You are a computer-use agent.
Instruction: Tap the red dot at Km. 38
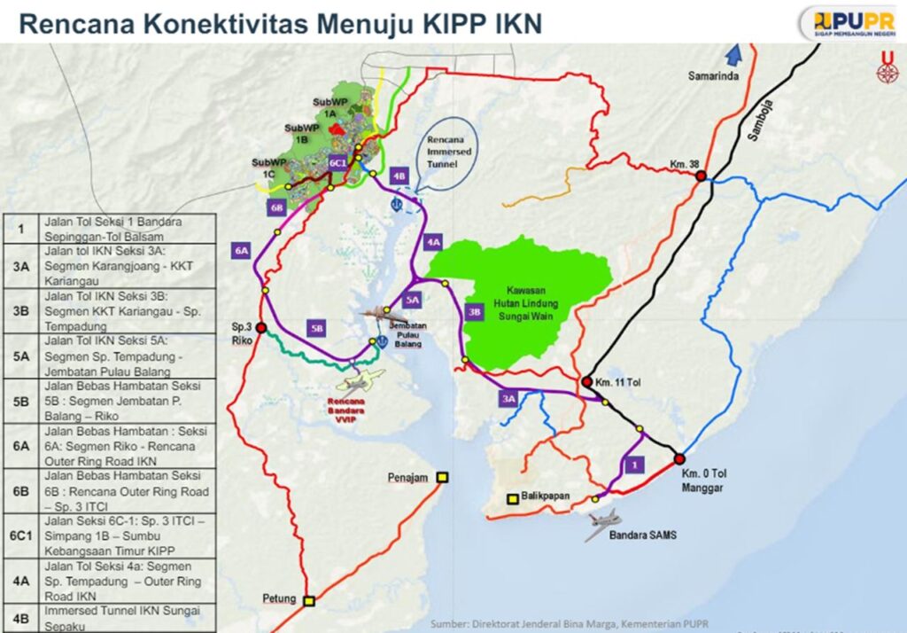point(701,176)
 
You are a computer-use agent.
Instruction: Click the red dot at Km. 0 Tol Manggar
point(679,459)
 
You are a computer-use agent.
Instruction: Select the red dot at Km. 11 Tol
point(586,382)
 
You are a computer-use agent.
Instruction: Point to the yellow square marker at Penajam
point(443,478)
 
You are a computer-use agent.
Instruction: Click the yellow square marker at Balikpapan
point(512,499)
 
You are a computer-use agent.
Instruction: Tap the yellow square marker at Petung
point(309,601)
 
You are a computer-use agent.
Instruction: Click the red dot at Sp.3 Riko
point(261,328)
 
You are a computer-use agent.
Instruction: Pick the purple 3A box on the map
point(508,400)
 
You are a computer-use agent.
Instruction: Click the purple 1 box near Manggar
point(632,464)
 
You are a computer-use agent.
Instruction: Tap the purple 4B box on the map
point(399,176)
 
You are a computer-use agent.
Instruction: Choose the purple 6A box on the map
point(241,251)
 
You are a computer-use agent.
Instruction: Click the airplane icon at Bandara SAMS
point(602,526)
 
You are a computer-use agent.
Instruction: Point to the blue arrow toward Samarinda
point(733,56)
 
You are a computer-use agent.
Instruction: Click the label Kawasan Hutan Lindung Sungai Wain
point(519,301)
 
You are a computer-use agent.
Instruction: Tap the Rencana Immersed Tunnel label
point(447,152)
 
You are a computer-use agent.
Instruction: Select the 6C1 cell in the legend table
point(20,535)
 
